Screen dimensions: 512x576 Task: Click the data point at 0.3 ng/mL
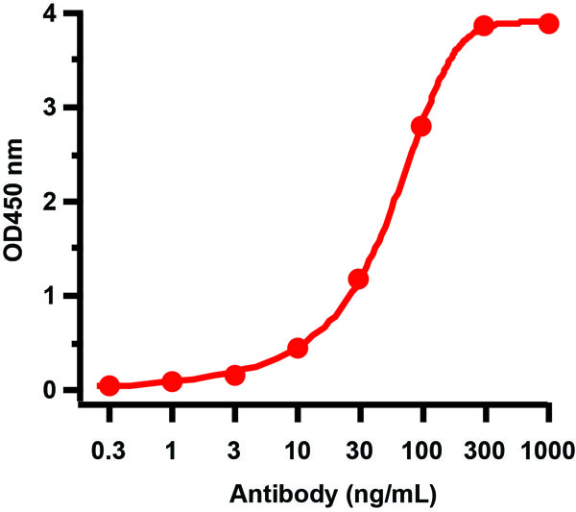109,385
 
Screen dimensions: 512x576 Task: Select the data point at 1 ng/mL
172,381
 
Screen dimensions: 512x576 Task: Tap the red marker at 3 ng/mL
234,374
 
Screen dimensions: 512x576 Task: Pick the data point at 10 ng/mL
298,347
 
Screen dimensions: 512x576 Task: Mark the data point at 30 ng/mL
358,280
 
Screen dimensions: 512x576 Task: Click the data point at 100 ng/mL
420,127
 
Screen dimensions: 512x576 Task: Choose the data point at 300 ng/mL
484,26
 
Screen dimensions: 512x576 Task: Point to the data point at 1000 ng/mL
548,23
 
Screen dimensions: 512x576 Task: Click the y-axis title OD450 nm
16,202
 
